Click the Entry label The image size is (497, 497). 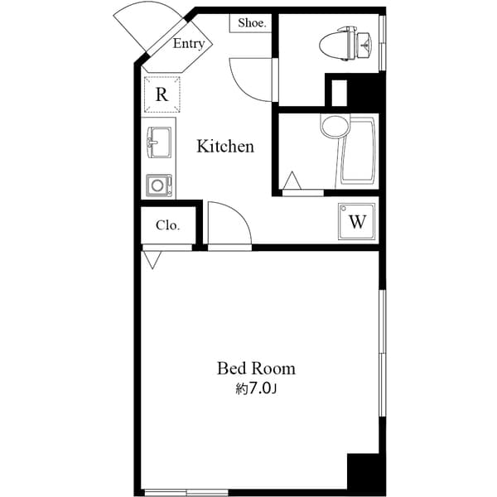point(188,44)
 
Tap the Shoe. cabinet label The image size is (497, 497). point(252,23)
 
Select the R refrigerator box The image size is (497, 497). point(162,94)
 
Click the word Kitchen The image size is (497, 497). point(224,147)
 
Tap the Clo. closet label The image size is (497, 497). point(168,224)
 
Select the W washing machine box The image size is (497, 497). point(357,221)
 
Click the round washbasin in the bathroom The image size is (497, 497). point(333,127)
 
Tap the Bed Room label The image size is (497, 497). point(256,368)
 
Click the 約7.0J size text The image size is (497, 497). point(256,388)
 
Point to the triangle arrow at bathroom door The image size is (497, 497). point(291,181)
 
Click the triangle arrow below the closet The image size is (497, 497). point(152,259)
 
